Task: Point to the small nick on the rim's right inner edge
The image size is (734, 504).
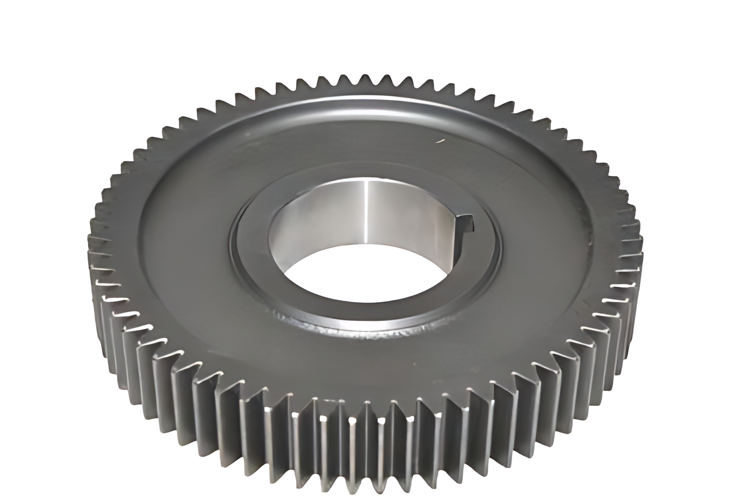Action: pyautogui.click(x=591, y=241)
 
